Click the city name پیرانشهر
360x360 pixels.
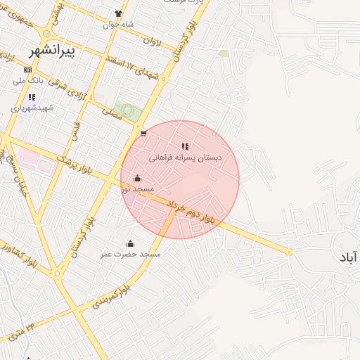coord(53,51)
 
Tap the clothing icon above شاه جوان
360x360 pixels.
coord(118,13)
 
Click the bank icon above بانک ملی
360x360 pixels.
coord(27,70)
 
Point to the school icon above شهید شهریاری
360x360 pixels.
coord(31,97)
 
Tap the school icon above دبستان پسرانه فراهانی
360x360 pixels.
coord(185,146)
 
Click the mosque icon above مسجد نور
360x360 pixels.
coord(136,178)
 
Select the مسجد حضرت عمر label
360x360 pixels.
coord(130,253)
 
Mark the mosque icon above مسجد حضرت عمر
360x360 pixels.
coord(129,243)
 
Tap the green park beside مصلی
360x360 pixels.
coord(126,110)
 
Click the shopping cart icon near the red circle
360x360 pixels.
coord(143,132)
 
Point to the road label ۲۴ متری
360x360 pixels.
coord(22,324)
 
